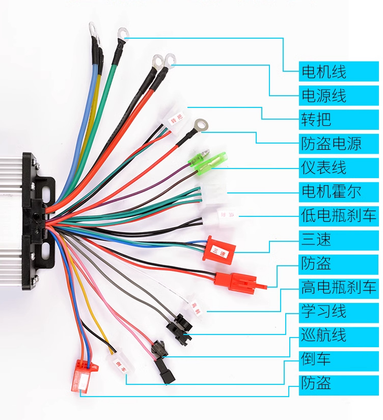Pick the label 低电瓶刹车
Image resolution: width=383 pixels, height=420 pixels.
pyautogui.click(x=339, y=215)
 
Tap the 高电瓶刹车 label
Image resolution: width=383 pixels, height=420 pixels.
pyautogui.click(x=339, y=288)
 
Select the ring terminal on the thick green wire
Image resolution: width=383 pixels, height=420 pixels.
pyautogui.click(x=122, y=35)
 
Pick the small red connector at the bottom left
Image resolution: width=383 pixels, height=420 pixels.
pyautogui.click(x=82, y=375)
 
